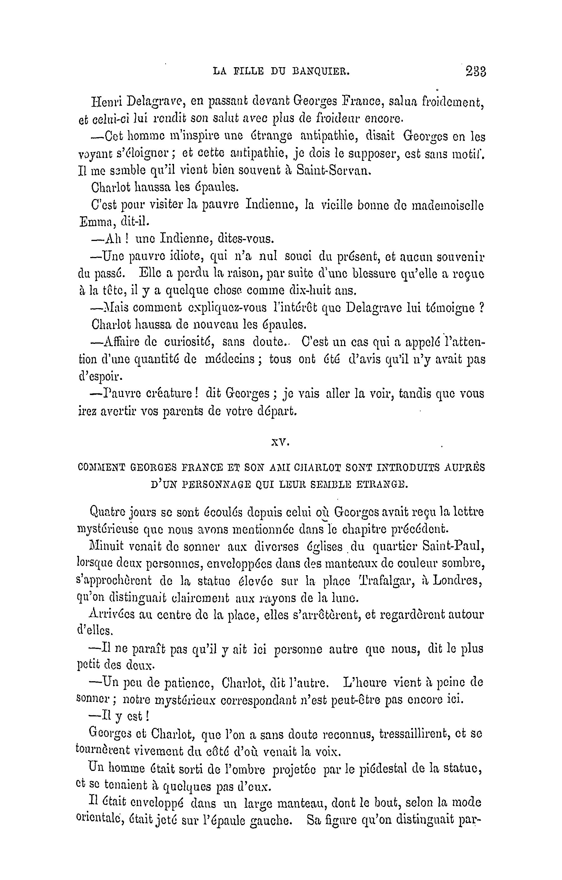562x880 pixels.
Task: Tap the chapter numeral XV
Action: (x=281, y=443)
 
